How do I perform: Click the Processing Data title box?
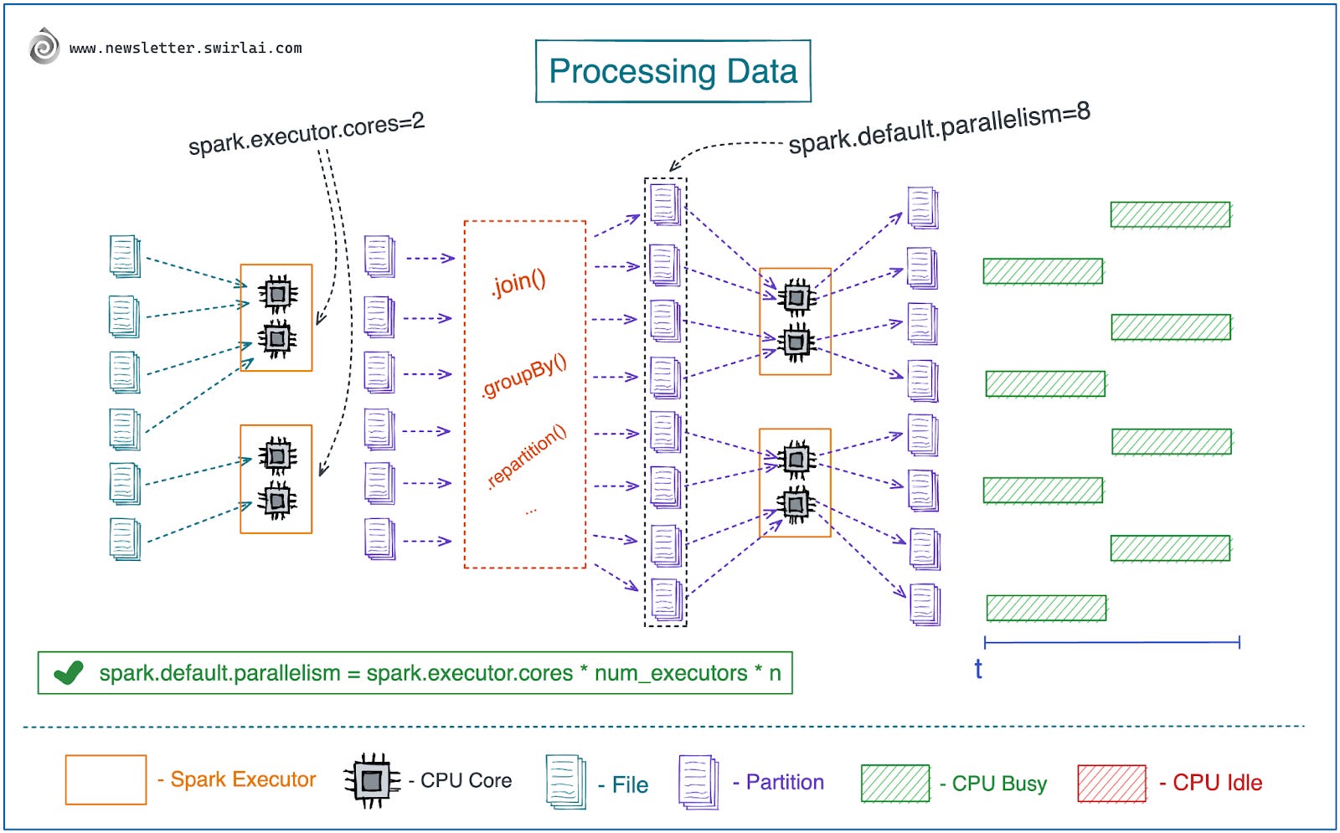(673, 71)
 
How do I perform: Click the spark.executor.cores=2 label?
(307, 134)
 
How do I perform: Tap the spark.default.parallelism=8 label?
(939, 128)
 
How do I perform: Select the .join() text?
(518, 283)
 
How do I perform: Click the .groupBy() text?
(524, 376)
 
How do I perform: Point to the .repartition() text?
(527, 456)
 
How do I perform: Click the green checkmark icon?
(68, 672)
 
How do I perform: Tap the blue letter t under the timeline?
(977, 669)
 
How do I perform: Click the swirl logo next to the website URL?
(44, 46)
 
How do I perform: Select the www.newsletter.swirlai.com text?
(185, 49)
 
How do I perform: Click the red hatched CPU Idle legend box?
(1111, 783)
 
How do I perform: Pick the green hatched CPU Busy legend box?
(894, 783)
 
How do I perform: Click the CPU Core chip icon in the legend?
(371, 780)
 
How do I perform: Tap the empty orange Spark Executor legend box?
(106, 779)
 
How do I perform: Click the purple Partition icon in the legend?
(698, 782)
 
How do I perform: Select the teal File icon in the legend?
(565, 782)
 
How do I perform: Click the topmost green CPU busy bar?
(1170, 214)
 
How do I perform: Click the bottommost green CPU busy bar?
(1045, 608)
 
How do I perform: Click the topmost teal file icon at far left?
(124, 256)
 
